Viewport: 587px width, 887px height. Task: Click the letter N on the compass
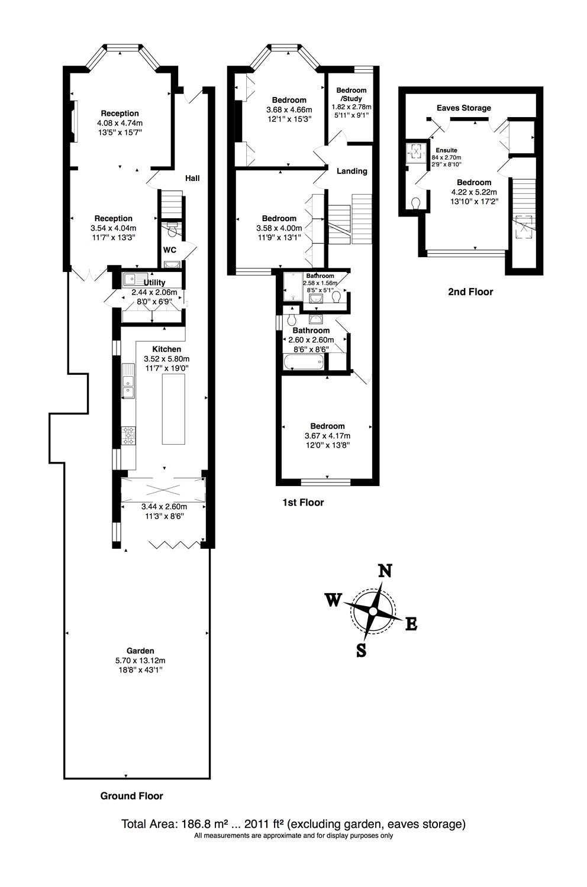[385, 571]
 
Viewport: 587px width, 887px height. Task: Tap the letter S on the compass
[361, 650]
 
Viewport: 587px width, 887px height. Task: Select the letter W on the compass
[333, 600]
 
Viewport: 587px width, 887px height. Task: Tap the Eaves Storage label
[463, 108]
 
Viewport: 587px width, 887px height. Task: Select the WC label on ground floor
[170, 250]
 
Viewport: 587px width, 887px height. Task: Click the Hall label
[192, 177]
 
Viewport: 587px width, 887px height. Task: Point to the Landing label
[351, 171]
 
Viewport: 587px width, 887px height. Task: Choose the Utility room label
[154, 283]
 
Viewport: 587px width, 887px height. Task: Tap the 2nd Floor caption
[470, 292]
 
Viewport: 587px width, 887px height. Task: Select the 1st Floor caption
[303, 503]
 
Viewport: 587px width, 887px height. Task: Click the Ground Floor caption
[131, 796]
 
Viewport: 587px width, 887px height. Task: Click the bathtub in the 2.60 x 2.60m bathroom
[304, 362]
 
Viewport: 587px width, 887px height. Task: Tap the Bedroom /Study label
[351, 94]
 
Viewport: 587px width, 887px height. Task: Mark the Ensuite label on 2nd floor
[443, 150]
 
